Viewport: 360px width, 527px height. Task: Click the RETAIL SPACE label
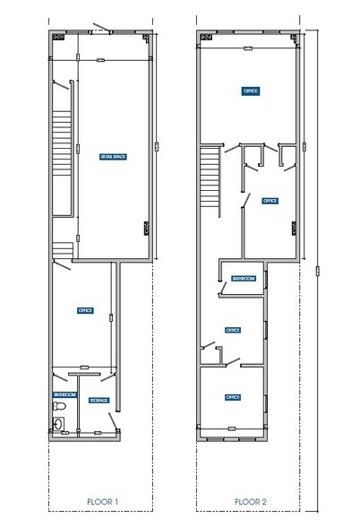tap(112, 157)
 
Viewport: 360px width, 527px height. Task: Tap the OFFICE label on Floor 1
tap(86, 310)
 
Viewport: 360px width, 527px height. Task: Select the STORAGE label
tap(100, 400)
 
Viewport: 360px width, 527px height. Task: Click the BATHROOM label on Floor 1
tap(64, 394)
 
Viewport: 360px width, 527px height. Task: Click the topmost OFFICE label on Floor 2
tap(251, 91)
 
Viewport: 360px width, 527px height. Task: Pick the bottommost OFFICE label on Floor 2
tap(232, 396)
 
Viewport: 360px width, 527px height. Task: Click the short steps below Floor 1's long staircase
tap(63, 247)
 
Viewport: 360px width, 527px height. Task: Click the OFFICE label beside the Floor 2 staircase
tap(269, 201)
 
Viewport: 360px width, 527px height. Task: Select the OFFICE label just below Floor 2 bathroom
tap(232, 329)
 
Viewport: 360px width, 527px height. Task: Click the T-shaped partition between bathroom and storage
tap(83, 369)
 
